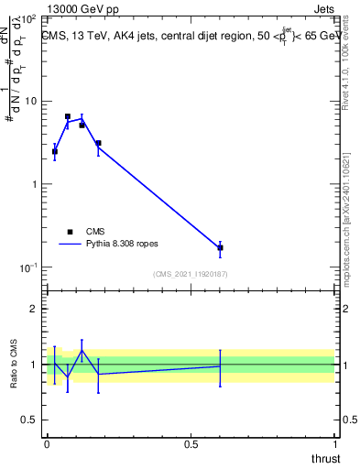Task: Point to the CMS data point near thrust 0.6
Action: [x=220, y=247]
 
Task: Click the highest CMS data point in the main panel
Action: [x=68, y=117]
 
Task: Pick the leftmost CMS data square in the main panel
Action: [x=54, y=152]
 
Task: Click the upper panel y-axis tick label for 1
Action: [x=33, y=184]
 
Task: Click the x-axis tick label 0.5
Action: [x=191, y=442]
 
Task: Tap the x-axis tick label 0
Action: [x=47, y=442]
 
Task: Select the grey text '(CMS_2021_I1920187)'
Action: [x=190, y=274]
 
